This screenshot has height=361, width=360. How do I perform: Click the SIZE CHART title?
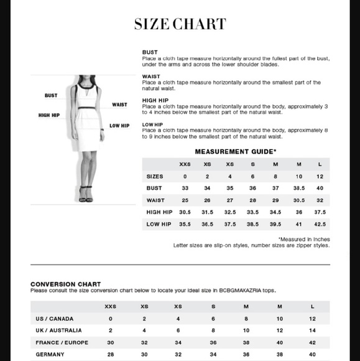pyautogui.click(x=180, y=25)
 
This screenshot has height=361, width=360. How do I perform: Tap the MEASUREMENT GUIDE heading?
pyautogui.click(x=236, y=151)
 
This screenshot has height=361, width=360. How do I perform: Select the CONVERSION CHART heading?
pyautogui.click(x=65, y=284)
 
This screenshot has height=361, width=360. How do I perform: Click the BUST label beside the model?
pyautogui.click(x=51, y=96)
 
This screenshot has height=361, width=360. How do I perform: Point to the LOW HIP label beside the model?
pyautogui.click(x=119, y=126)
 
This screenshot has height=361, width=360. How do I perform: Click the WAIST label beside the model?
pyautogui.click(x=119, y=105)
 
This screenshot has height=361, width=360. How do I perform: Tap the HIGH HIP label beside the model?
pyautogui.click(x=48, y=115)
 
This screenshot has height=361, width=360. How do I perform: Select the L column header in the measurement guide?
pyautogui.click(x=320, y=164)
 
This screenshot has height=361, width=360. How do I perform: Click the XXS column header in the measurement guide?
pyautogui.click(x=185, y=164)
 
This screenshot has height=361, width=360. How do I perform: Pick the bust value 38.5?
pyautogui.click(x=298, y=188)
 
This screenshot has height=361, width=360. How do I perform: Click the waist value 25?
pyautogui.click(x=185, y=200)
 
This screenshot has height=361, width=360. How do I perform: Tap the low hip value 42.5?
pyautogui.click(x=320, y=224)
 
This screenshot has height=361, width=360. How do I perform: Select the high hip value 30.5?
pyautogui.click(x=185, y=212)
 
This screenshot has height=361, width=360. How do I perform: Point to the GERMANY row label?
pyautogui.click(x=50, y=355)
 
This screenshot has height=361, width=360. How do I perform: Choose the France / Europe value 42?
pyautogui.click(x=312, y=342)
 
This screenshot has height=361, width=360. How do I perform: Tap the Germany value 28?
pyautogui.click(x=111, y=355)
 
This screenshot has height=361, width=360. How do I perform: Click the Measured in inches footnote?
pyautogui.click(x=304, y=239)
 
